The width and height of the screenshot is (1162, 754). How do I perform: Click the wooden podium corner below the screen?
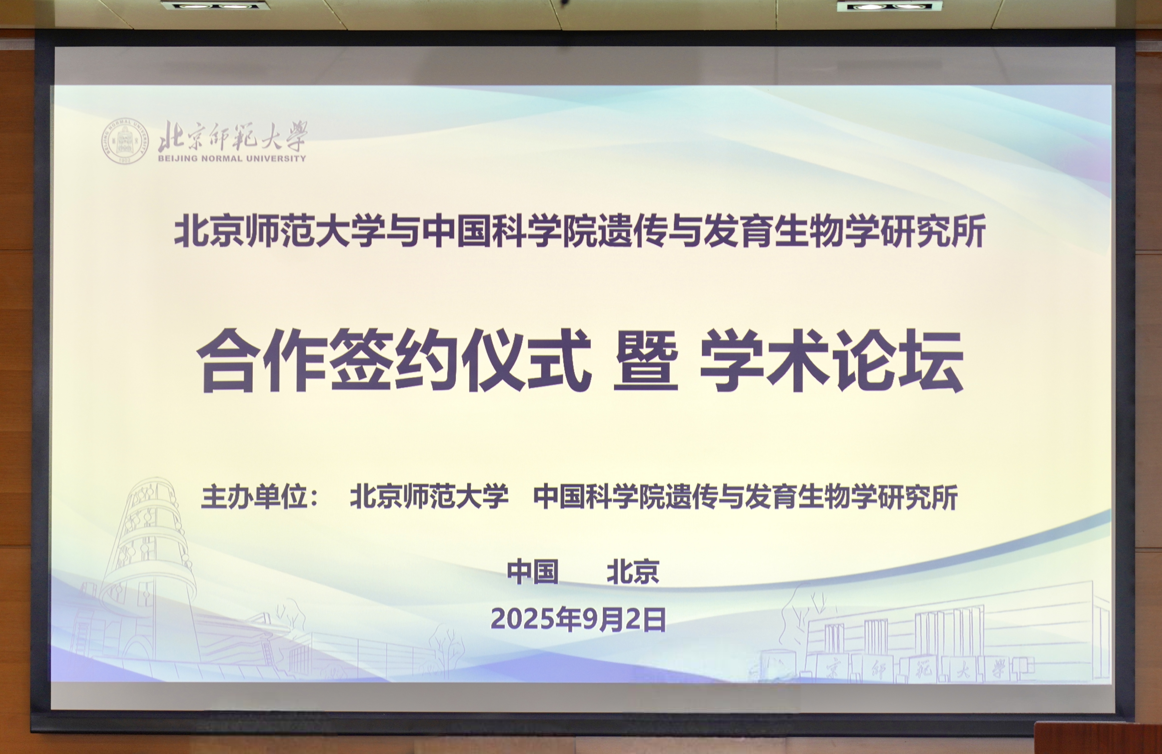tap(1098, 738)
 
